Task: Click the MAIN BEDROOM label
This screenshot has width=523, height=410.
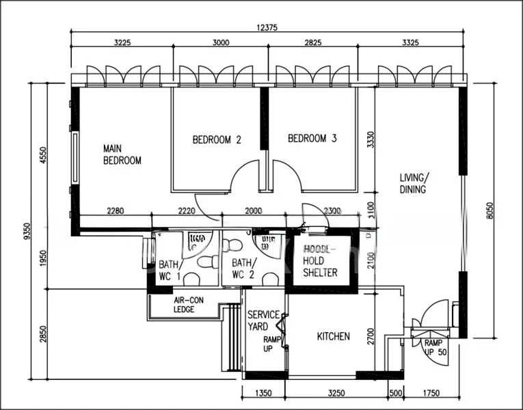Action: (x=122, y=154)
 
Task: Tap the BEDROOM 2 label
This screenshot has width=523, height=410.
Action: (x=217, y=139)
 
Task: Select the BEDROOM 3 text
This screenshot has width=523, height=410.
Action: (x=312, y=139)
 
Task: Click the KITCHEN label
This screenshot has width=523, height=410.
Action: (x=334, y=337)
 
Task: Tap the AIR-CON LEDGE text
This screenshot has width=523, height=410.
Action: (x=184, y=305)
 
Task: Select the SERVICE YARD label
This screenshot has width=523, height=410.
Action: (x=263, y=320)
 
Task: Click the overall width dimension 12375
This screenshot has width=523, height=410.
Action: (x=267, y=27)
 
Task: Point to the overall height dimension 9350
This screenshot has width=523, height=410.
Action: (x=27, y=232)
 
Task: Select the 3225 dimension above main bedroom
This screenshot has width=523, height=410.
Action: (x=121, y=42)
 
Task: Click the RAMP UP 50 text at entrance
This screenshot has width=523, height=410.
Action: (x=434, y=347)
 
